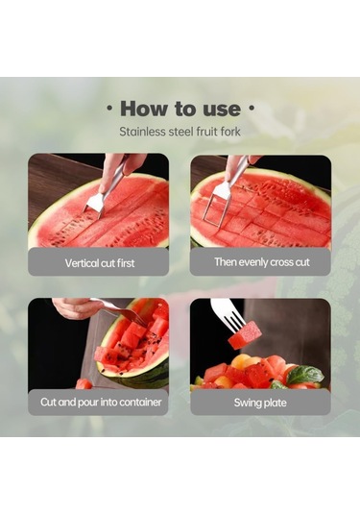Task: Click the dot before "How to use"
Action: (x=109, y=108)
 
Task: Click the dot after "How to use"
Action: (x=252, y=108)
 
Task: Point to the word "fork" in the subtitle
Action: (x=230, y=132)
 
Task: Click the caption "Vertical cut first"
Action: (x=100, y=263)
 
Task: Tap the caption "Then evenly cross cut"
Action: (x=262, y=262)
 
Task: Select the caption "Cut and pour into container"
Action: (x=101, y=402)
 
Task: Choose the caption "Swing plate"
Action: (x=260, y=403)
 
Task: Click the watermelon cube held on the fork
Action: (x=245, y=335)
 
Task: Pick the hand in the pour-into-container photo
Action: (x=75, y=307)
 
